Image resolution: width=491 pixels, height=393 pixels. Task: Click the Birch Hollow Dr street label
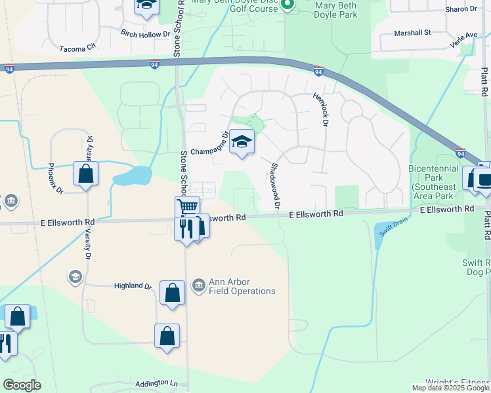(x=144, y=32)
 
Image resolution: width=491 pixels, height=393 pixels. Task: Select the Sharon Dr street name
(x=461, y=9)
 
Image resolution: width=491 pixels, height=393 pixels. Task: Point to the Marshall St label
(x=412, y=32)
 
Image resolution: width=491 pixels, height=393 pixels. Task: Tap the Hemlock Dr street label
(x=322, y=105)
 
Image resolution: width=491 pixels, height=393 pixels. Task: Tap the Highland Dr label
(x=133, y=286)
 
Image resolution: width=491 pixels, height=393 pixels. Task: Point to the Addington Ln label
(x=156, y=383)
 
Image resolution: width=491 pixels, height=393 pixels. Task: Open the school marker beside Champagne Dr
(x=242, y=141)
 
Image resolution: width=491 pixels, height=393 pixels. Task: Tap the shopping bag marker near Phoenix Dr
(x=85, y=174)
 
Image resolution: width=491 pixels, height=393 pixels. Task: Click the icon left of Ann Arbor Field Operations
(x=198, y=286)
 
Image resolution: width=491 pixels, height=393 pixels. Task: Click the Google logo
(x=22, y=385)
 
